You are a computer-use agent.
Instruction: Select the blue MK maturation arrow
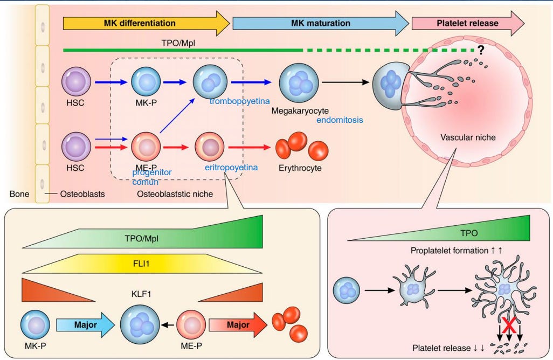[320, 24]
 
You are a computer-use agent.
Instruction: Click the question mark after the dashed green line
[479, 51]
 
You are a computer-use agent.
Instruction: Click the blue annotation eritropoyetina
[231, 168]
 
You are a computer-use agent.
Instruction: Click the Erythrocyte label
[300, 168]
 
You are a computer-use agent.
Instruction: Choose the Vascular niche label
[468, 137]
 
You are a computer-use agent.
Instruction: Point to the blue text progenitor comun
[152, 177]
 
